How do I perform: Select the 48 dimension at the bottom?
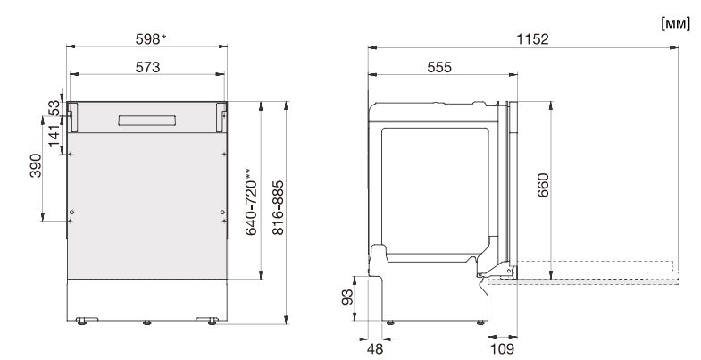coord(377,347)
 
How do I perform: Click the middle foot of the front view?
coord(146,320)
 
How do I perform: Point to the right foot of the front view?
coord(212,320)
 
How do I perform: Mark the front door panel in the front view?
coord(146,205)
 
